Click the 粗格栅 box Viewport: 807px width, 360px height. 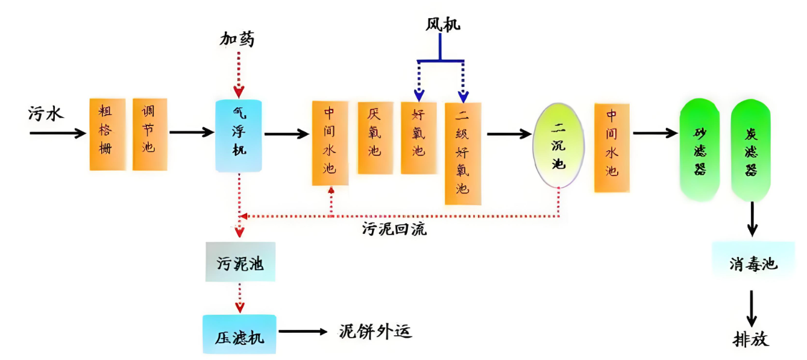point(107,134)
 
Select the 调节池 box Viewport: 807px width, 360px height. point(150,134)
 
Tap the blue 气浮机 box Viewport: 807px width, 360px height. point(239,136)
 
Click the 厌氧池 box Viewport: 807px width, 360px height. point(375,137)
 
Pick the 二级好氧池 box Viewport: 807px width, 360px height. point(463,153)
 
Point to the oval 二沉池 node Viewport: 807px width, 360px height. point(559,145)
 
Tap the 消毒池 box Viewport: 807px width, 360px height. point(753,264)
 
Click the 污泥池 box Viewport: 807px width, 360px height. point(240,262)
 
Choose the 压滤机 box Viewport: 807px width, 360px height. point(239,334)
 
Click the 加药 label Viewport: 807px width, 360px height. point(237,40)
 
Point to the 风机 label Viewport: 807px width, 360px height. point(442,25)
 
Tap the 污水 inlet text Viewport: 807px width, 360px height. point(46,113)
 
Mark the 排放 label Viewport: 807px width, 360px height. point(751,339)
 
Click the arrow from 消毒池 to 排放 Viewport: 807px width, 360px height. point(752,308)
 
